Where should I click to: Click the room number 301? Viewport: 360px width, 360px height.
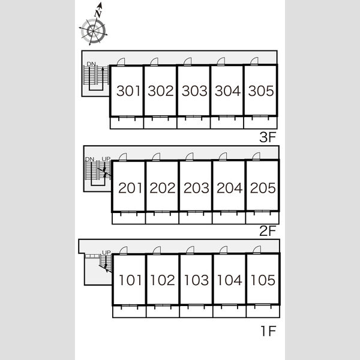[x=128, y=91]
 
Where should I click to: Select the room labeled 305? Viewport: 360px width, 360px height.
[x=261, y=91]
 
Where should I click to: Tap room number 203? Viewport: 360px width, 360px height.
[x=196, y=188]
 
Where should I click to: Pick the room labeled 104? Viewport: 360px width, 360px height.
[x=230, y=280]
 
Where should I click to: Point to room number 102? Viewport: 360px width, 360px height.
[x=163, y=280]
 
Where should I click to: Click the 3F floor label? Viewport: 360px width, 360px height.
[x=268, y=137]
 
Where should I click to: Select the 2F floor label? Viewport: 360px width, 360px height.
[x=268, y=231]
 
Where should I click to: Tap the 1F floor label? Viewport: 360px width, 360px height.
[x=268, y=331]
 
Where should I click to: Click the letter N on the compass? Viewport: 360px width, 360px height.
[x=98, y=14]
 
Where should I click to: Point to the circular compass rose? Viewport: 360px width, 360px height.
[x=93, y=31]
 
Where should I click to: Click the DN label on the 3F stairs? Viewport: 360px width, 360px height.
[x=91, y=64]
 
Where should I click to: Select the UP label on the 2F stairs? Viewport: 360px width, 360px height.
[x=106, y=159]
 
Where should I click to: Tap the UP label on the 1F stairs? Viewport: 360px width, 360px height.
[x=106, y=253]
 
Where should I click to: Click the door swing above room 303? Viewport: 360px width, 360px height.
[x=188, y=62]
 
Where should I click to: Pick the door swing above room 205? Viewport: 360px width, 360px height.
[x=256, y=157]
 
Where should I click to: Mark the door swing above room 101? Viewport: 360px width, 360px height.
[x=124, y=250]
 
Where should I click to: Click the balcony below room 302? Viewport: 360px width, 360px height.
[x=160, y=122]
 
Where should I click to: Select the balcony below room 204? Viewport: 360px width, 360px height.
[x=229, y=218]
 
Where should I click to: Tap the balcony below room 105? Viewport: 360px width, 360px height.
[x=263, y=311]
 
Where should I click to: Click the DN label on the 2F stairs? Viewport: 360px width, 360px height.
[x=89, y=159]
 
